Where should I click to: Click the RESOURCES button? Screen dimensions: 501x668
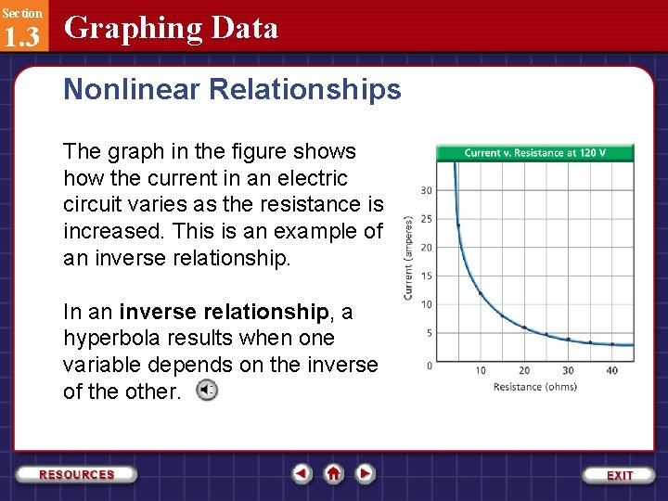[77, 474]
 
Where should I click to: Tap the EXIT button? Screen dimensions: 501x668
[619, 474]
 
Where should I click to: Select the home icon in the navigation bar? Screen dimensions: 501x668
[333, 473]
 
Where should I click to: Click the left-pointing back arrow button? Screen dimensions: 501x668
[302, 473]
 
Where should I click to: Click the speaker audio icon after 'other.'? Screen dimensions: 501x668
[207, 391]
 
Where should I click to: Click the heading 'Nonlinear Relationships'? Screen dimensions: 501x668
[232, 89]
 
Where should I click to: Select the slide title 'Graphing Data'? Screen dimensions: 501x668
[171, 28]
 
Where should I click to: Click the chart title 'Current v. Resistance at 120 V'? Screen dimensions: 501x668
[534, 153]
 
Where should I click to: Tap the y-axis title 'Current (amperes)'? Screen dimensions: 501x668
[409, 258]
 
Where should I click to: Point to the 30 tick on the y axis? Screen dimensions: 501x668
[426, 190]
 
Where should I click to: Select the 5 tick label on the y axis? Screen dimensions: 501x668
[428, 332]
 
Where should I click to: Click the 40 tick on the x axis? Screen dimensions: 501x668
[611, 370]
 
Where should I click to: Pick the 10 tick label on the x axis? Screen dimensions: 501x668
[480, 370]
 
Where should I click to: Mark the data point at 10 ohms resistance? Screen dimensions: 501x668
[481, 294]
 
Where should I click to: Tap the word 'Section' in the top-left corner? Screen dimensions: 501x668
[21, 12]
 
